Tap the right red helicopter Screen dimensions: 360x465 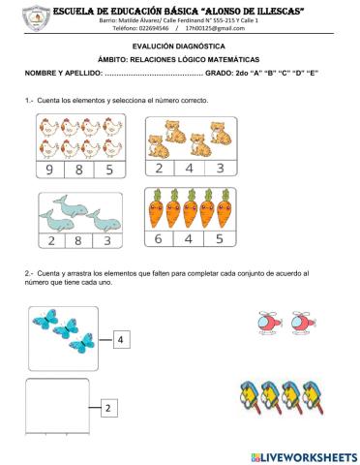(x=303, y=323)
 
